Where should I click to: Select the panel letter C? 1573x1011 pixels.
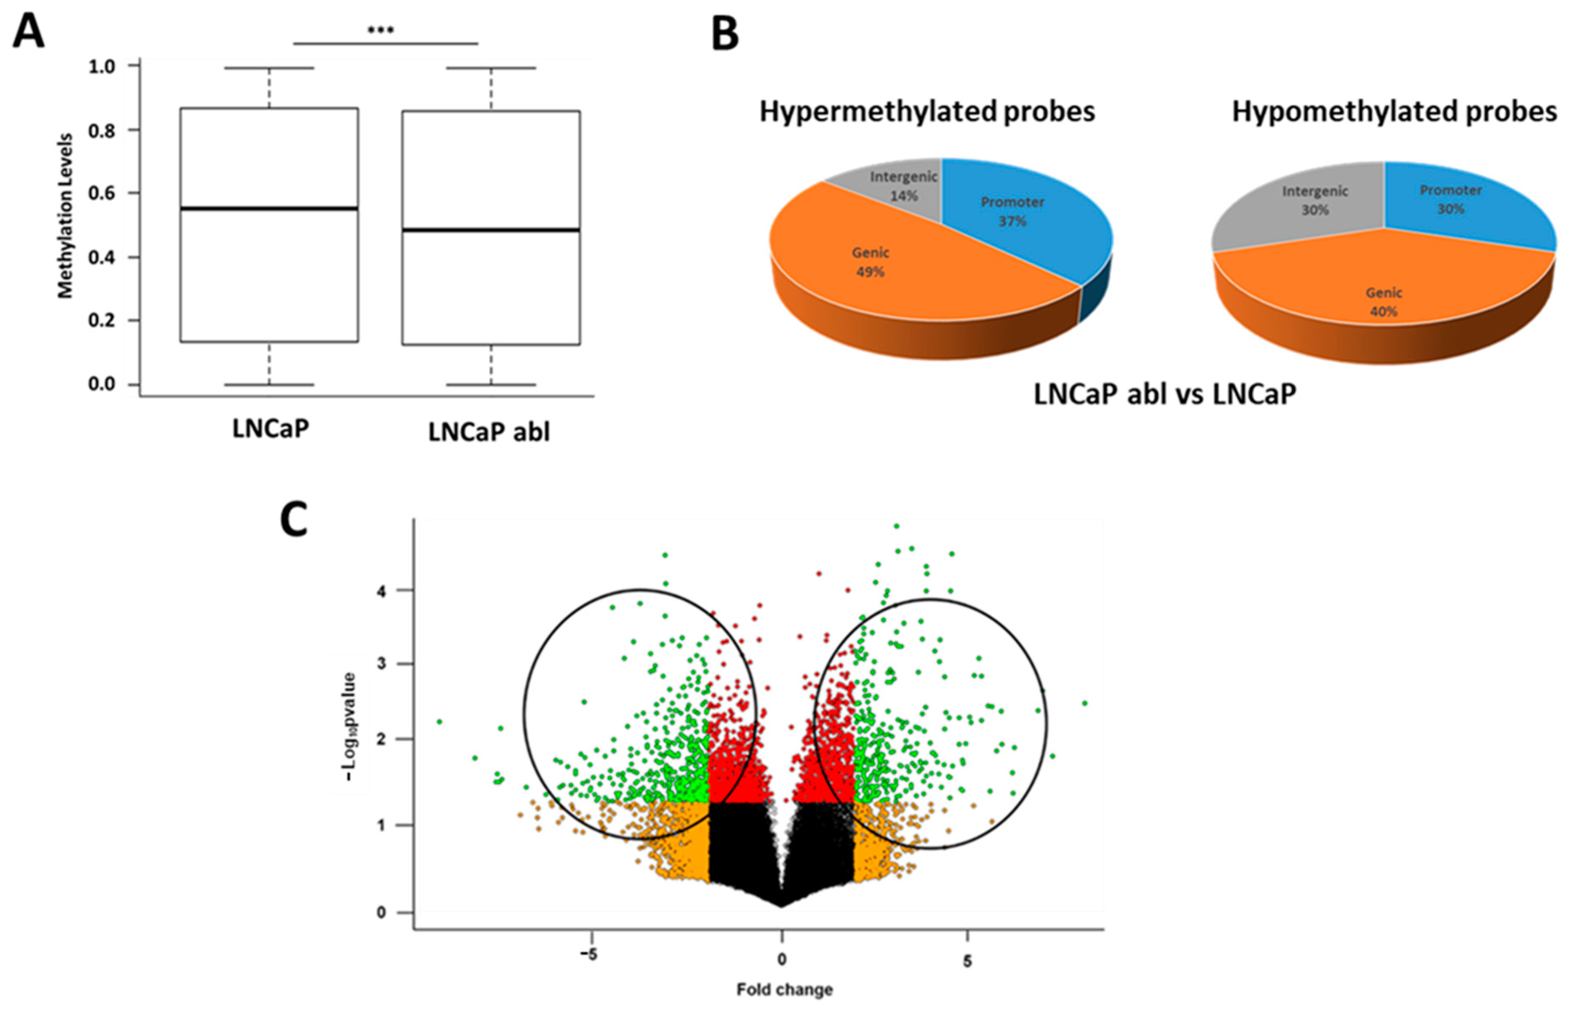click(293, 520)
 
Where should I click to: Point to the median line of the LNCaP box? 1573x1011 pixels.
click(269, 209)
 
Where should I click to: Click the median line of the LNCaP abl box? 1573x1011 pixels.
click(491, 230)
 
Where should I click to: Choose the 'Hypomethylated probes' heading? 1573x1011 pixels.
click(1395, 112)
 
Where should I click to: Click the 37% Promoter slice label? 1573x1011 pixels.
click(1012, 212)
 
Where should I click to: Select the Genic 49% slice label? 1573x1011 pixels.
click(870, 262)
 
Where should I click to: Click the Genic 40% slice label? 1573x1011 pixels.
click(1383, 302)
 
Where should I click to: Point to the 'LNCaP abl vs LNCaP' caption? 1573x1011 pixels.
click(1165, 394)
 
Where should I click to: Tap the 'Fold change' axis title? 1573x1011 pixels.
click(784, 989)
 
